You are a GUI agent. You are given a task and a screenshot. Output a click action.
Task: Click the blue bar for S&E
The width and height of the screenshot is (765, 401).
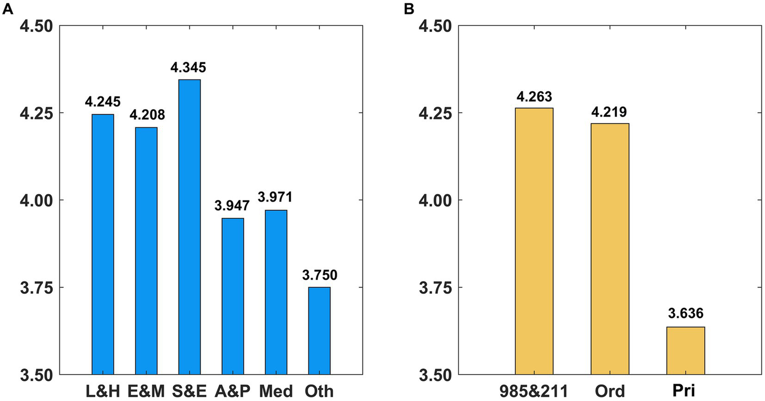click(x=189, y=227)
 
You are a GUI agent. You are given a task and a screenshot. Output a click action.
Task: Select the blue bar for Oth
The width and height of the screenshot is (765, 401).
click(x=319, y=331)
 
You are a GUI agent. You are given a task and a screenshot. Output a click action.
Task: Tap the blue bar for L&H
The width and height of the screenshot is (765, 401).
click(x=103, y=244)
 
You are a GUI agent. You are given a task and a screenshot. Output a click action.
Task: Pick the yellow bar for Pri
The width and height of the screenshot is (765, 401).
click(x=686, y=351)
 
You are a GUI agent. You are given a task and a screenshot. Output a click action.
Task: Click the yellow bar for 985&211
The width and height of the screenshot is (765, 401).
click(x=534, y=241)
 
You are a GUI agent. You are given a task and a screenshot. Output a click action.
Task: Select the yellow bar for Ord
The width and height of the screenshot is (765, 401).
click(x=610, y=249)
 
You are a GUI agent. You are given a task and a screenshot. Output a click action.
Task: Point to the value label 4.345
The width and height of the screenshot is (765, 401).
click(x=189, y=68)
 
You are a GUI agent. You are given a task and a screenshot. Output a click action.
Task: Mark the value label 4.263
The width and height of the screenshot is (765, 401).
click(x=534, y=96)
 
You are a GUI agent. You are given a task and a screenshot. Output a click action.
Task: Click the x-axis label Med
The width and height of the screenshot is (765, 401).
click(x=276, y=391)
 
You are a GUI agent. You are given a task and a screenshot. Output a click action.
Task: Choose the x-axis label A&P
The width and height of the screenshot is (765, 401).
click(x=232, y=391)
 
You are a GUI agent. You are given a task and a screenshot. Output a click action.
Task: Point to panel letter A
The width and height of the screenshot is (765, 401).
click(x=7, y=9)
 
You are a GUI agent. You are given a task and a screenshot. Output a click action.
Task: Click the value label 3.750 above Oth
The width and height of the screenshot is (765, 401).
click(x=319, y=275)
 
